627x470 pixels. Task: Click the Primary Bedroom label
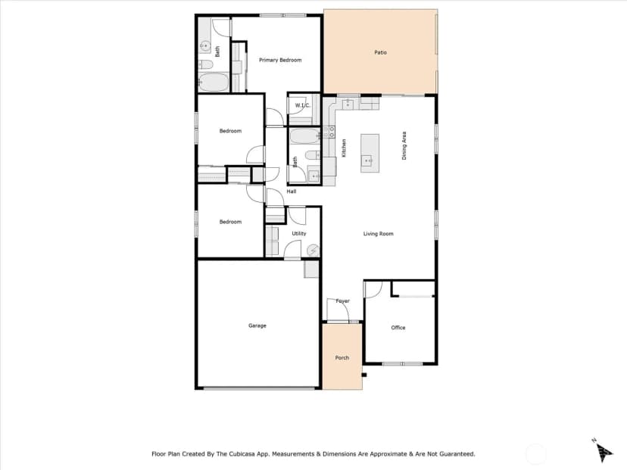click(x=280, y=60)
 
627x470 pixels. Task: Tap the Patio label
click(x=380, y=52)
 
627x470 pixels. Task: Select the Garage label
click(x=257, y=325)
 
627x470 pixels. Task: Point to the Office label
click(x=398, y=328)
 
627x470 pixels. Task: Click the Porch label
click(x=342, y=358)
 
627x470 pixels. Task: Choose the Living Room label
click(x=378, y=234)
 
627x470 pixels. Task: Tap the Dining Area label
click(x=404, y=146)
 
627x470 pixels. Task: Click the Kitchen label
click(x=344, y=148)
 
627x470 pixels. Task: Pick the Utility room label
click(x=298, y=233)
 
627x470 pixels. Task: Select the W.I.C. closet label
click(x=302, y=105)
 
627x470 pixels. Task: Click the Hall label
click(x=291, y=191)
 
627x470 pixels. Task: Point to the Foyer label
click(x=343, y=301)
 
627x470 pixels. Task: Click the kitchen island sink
click(x=367, y=160)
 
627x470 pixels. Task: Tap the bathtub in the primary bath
click(x=214, y=82)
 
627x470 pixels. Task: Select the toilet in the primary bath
click(x=206, y=64)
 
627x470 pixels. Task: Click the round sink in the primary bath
click(x=205, y=46)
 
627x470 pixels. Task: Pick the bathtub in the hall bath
click(x=305, y=137)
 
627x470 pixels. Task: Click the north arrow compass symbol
click(x=604, y=451)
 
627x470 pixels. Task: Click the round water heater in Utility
click(x=313, y=251)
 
